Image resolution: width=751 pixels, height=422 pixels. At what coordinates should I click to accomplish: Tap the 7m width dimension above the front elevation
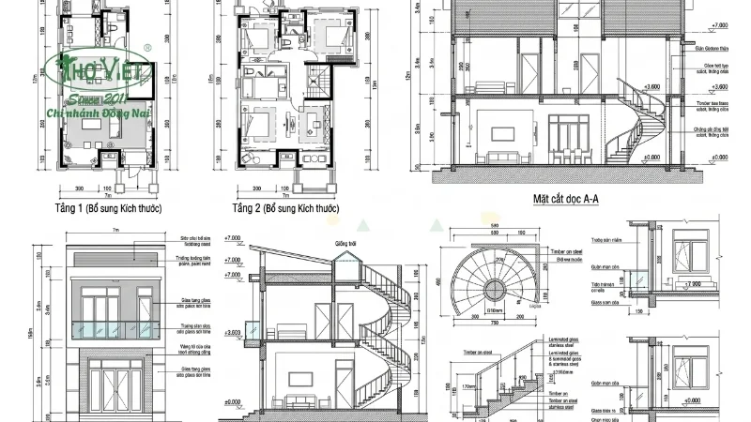click(x=115, y=232)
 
